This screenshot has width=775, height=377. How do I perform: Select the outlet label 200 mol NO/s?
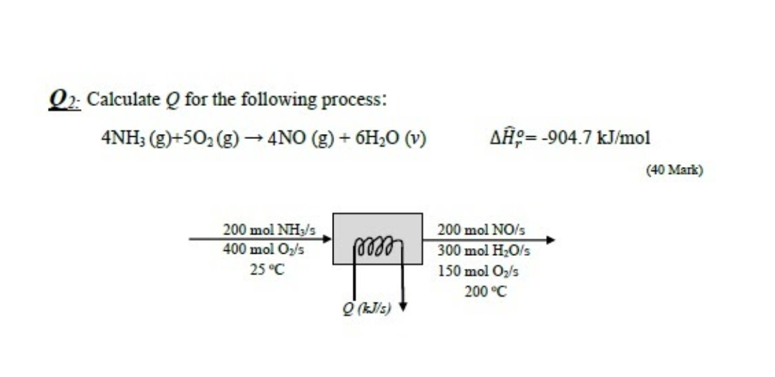pos(481,231)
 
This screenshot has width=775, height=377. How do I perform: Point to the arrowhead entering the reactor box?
pos(327,239)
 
